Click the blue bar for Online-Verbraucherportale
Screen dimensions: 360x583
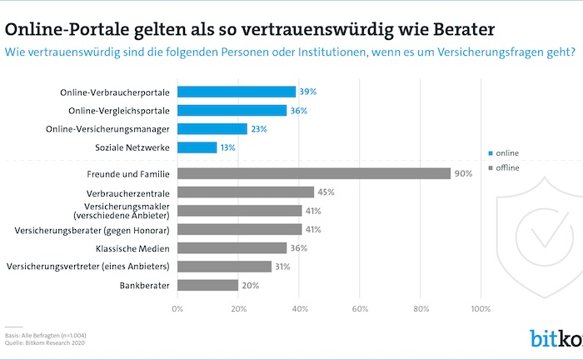coord(237,92)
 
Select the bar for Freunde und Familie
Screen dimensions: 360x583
coord(314,173)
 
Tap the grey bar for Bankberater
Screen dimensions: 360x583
coord(207,285)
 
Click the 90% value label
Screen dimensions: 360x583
coord(462,173)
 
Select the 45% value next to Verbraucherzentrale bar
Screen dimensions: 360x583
coord(326,192)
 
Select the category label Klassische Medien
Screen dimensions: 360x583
coord(131,248)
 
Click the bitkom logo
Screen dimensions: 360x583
coord(556,338)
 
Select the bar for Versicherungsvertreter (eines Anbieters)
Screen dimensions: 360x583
coord(224,267)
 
